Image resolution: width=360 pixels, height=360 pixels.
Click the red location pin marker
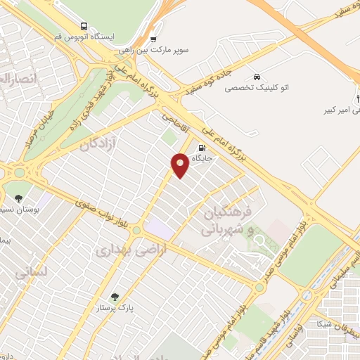(x=180, y=165)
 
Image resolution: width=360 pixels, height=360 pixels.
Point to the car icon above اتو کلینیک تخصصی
(x=256, y=77)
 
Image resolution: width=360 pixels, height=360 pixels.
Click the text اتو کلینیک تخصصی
(x=257, y=89)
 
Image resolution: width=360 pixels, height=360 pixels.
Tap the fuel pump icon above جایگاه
(x=202, y=148)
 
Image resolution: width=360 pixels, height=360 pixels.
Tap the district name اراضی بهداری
(x=122, y=250)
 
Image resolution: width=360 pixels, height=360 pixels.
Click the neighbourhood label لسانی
(x=30, y=271)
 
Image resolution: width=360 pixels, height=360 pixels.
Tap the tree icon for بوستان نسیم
(x=19, y=199)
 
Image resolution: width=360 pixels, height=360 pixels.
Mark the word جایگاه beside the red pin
(x=204, y=159)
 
